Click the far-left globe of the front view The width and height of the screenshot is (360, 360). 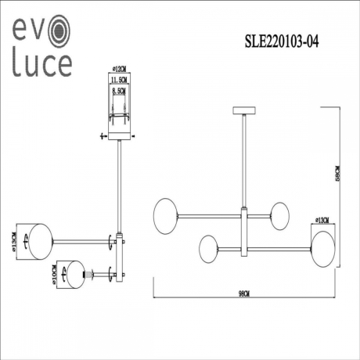(x=165, y=212)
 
